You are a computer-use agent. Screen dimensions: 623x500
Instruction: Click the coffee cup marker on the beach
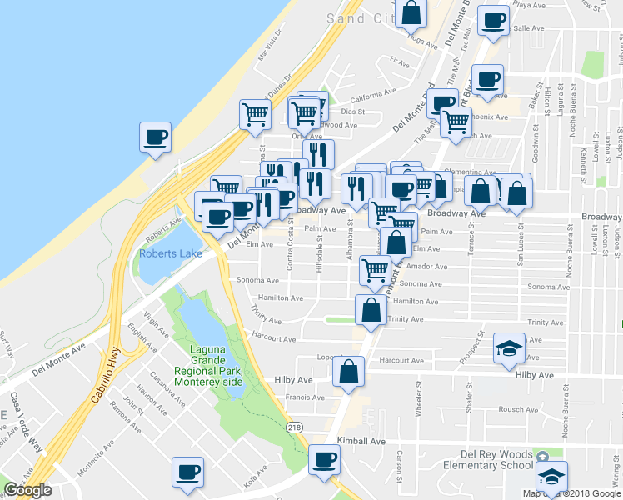[155, 137]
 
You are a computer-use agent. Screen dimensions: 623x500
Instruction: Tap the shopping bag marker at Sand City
[411, 13]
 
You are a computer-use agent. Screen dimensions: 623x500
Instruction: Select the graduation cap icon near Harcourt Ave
[506, 348]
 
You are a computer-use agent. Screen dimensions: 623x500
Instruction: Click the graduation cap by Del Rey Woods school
[551, 476]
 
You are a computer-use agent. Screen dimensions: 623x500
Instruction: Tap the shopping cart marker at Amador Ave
[375, 270]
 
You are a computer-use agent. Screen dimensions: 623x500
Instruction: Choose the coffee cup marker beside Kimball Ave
[324, 459]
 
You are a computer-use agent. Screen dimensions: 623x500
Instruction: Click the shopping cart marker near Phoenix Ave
[456, 122]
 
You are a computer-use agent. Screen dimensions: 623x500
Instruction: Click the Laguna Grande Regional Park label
[208, 367]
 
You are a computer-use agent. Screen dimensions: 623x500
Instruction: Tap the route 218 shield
[295, 426]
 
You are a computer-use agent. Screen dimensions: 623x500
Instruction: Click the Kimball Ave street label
[361, 440]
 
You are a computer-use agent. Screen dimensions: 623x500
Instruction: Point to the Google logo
[27, 490]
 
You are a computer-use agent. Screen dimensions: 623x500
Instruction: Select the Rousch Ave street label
[518, 409]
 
